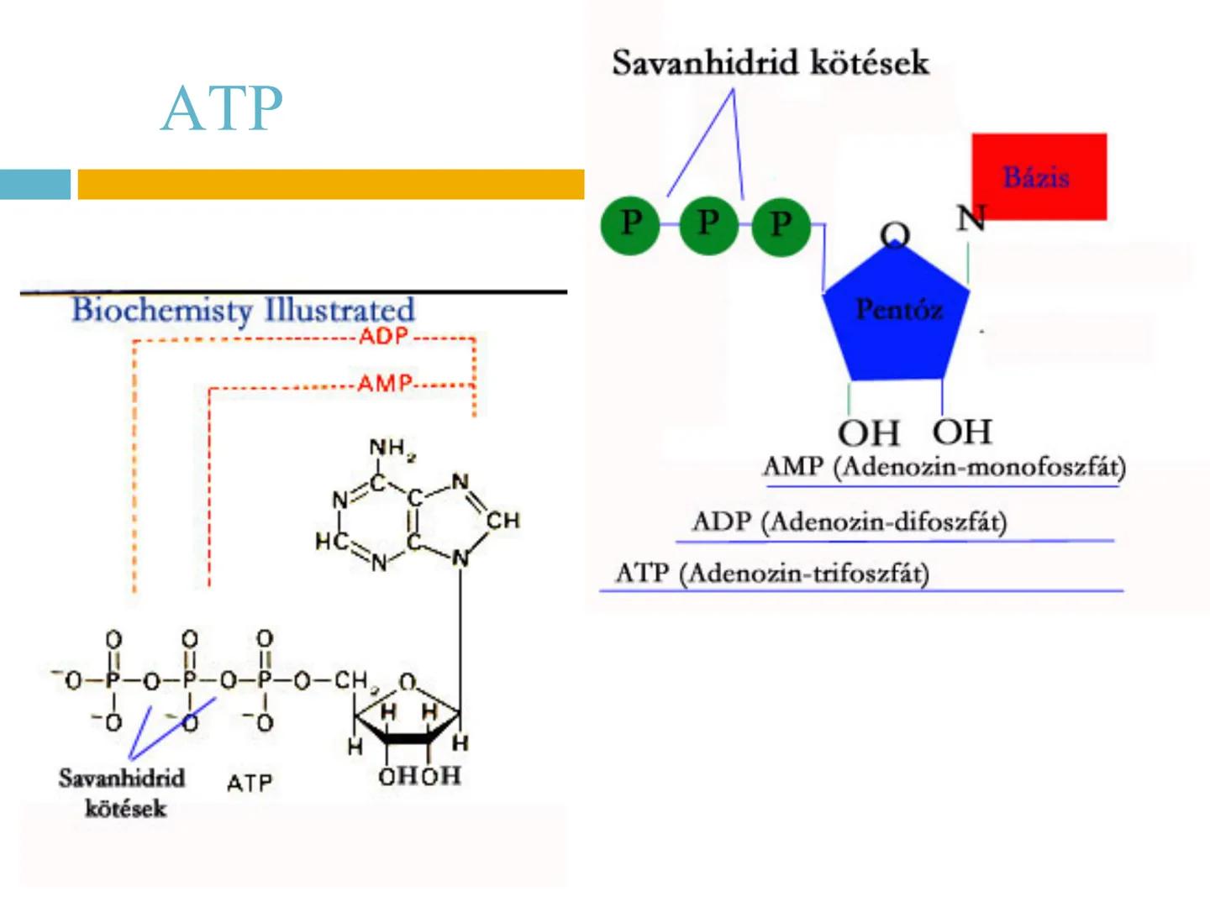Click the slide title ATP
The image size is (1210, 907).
click(222, 108)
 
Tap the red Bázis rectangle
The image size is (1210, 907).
click(1039, 176)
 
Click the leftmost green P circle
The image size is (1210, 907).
click(630, 224)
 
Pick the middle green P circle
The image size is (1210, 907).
click(708, 224)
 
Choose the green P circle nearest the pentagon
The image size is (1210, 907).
click(781, 224)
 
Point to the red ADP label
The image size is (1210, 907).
click(383, 337)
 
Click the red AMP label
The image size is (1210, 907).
click(384, 385)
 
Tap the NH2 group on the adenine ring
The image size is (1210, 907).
click(392, 449)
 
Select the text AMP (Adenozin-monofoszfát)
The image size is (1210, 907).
click(944, 467)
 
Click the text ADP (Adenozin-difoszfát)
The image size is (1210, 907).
click(849, 522)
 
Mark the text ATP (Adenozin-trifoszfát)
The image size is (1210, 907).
click(772, 574)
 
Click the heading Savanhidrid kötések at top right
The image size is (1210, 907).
click(770, 63)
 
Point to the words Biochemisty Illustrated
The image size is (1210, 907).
click(243, 310)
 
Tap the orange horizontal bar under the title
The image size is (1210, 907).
click(330, 184)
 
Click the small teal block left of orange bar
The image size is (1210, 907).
click(34, 184)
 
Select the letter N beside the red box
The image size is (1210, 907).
click(971, 218)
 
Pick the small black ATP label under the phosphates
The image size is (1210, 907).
click(250, 784)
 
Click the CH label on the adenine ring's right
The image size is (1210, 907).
click(503, 521)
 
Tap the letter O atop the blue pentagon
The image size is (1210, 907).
click(895, 234)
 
